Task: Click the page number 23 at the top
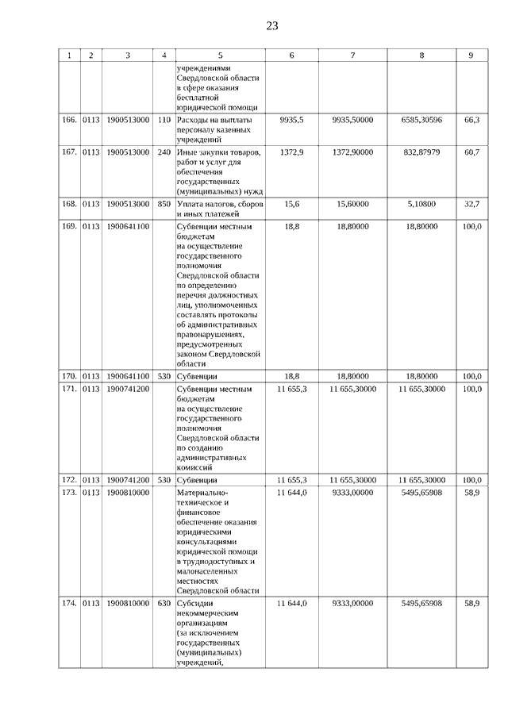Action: coord(271,25)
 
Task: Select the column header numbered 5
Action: coord(220,56)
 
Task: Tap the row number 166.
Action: coord(70,120)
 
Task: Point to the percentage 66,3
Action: coord(471,120)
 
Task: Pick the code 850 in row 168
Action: coord(164,204)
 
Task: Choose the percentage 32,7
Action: coord(471,204)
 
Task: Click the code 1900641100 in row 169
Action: coord(128,226)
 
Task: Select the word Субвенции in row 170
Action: coord(197,376)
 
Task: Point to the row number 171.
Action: coord(70,390)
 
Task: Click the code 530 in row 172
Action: coord(164,480)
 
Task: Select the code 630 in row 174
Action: coord(164,604)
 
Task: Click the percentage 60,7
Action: coord(471,151)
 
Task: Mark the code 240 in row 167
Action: coord(164,151)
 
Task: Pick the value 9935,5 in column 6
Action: coord(292,120)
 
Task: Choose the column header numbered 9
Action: coord(471,56)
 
